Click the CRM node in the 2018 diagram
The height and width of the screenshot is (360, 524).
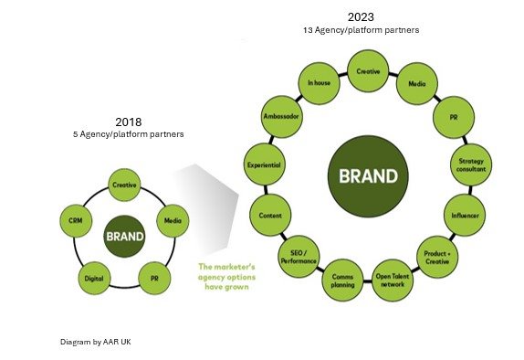[x=74, y=220]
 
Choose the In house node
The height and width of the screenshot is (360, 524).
[x=318, y=83]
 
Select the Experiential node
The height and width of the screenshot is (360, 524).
[x=264, y=165]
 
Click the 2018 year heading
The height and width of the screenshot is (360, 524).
[x=128, y=121]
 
